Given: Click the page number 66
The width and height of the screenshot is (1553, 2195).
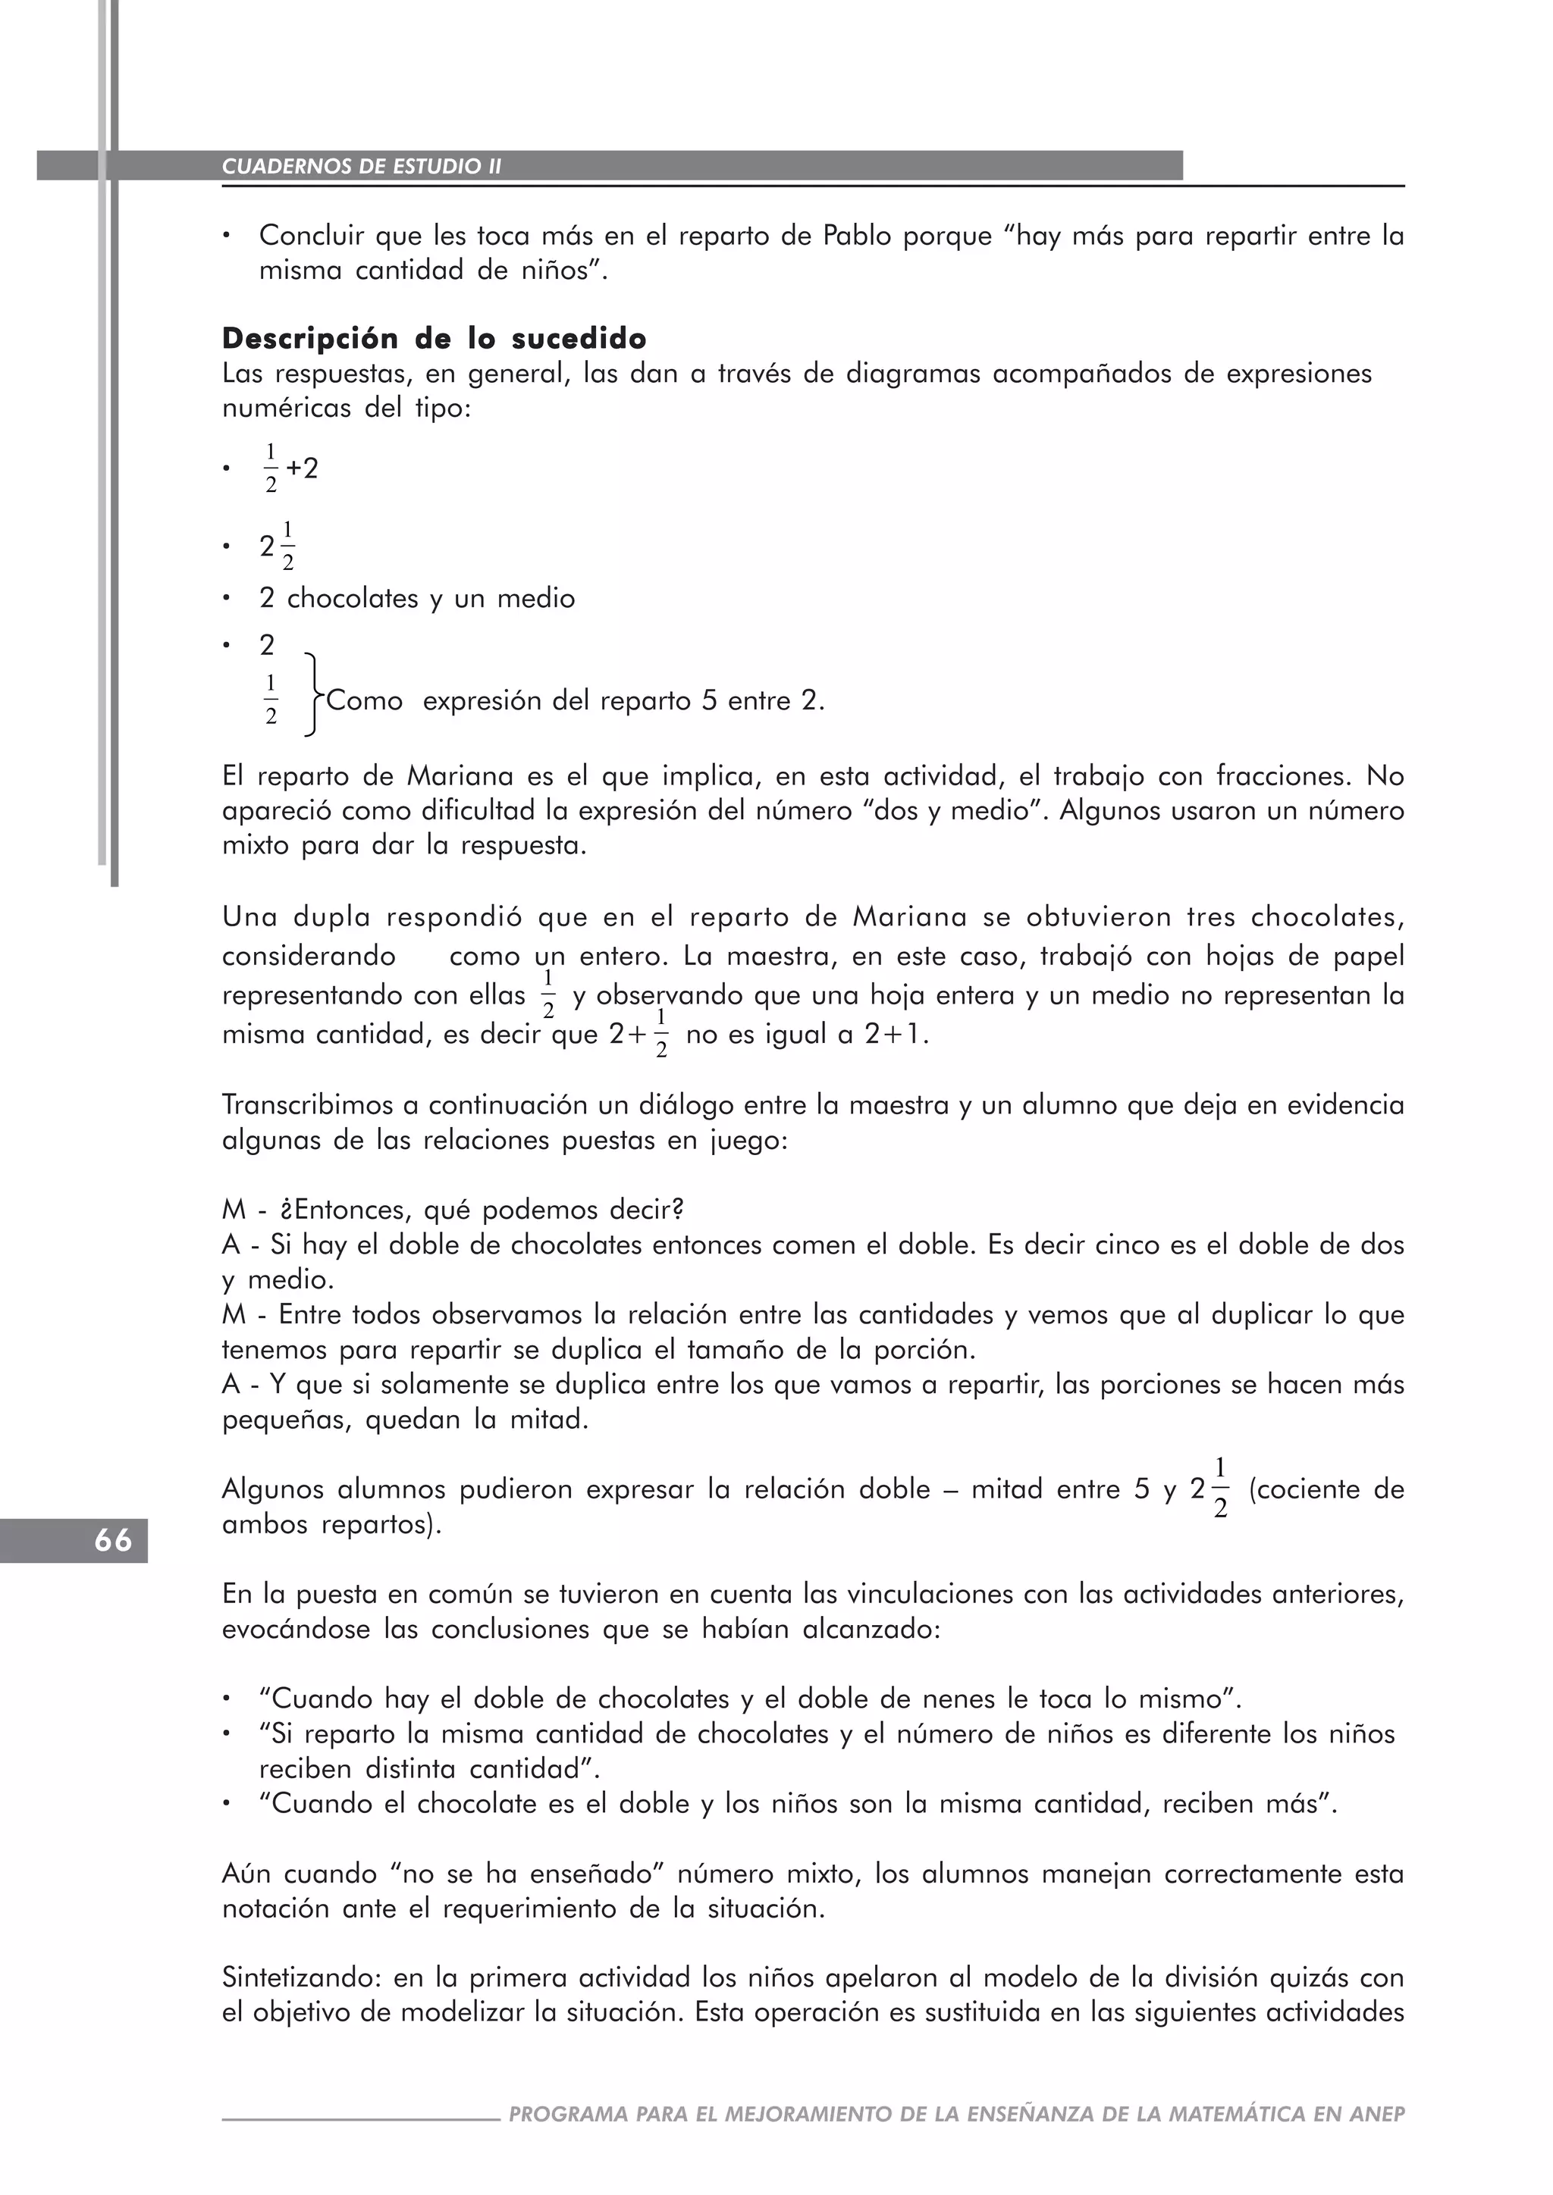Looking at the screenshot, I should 112,1540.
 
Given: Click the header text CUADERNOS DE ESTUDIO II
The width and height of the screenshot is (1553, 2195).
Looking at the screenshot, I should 362,166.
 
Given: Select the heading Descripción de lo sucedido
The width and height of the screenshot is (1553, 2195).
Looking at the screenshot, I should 435,339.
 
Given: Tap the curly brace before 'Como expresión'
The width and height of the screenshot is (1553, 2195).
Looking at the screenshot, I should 312,695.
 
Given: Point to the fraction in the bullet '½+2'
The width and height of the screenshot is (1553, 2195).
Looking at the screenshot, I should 271,468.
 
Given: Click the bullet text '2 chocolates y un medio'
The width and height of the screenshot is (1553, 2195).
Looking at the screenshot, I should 417,599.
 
